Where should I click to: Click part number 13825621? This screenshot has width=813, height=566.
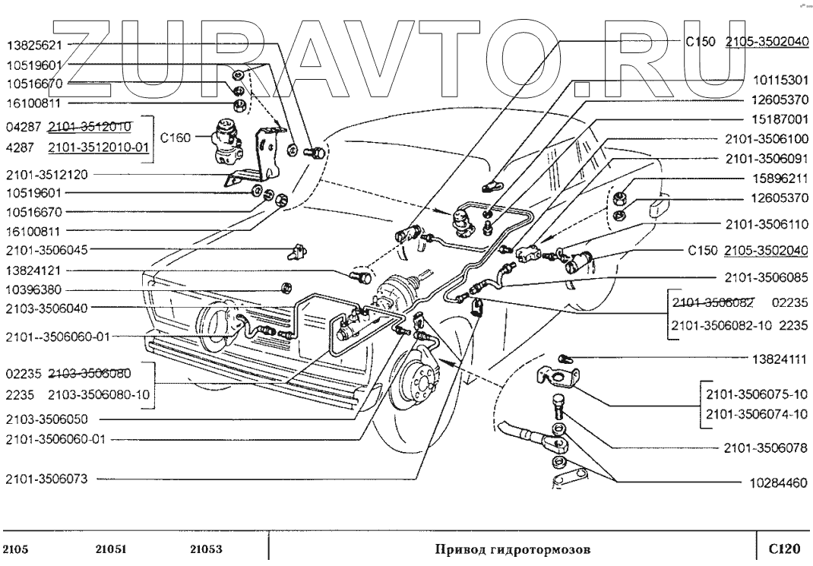[x=34, y=46]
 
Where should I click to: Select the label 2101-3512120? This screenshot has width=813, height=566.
[x=46, y=175]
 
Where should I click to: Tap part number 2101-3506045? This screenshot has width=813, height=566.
[x=46, y=251]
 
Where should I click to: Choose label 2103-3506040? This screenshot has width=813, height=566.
[x=46, y=308]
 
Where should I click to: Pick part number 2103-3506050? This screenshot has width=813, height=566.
[x=46, y=419]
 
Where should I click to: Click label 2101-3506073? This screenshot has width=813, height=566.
[x=46, y=479]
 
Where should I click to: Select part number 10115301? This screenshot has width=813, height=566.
[x=780, y=81]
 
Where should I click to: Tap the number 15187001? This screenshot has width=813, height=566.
[x=780, y=119]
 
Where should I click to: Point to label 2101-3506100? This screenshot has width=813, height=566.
[x=767, y=139]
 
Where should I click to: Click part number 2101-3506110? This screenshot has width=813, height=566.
[x=767, y=224]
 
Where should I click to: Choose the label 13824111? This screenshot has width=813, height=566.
[x=780, y=359]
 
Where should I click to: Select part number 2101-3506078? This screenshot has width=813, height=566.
[x=766, y=447]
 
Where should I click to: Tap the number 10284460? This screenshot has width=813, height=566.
[x=779, y=483]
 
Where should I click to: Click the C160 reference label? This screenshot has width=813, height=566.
[x=176, y=138]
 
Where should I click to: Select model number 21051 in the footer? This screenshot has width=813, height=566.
[x=111, y=549]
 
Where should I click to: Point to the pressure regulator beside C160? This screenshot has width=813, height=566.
[x=226, y=141]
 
